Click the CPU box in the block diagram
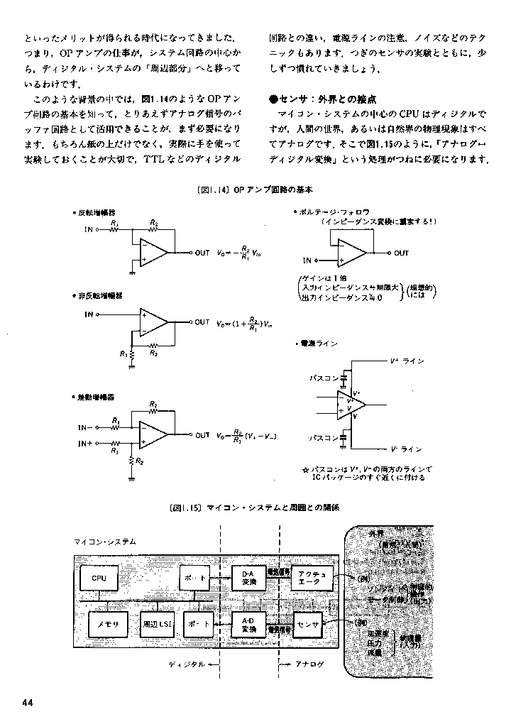point(99,578)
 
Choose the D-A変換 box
point(248,578)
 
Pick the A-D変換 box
point(248,624)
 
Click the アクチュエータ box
point(312,578)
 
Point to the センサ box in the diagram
point(309,624)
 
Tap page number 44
point(28,703)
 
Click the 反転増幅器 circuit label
point(97,212)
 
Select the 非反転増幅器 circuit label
point(100,295)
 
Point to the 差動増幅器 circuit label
point(97,397)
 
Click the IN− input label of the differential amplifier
point(86,428)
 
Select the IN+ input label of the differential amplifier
point(86,443)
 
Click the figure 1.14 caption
point(255,191)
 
